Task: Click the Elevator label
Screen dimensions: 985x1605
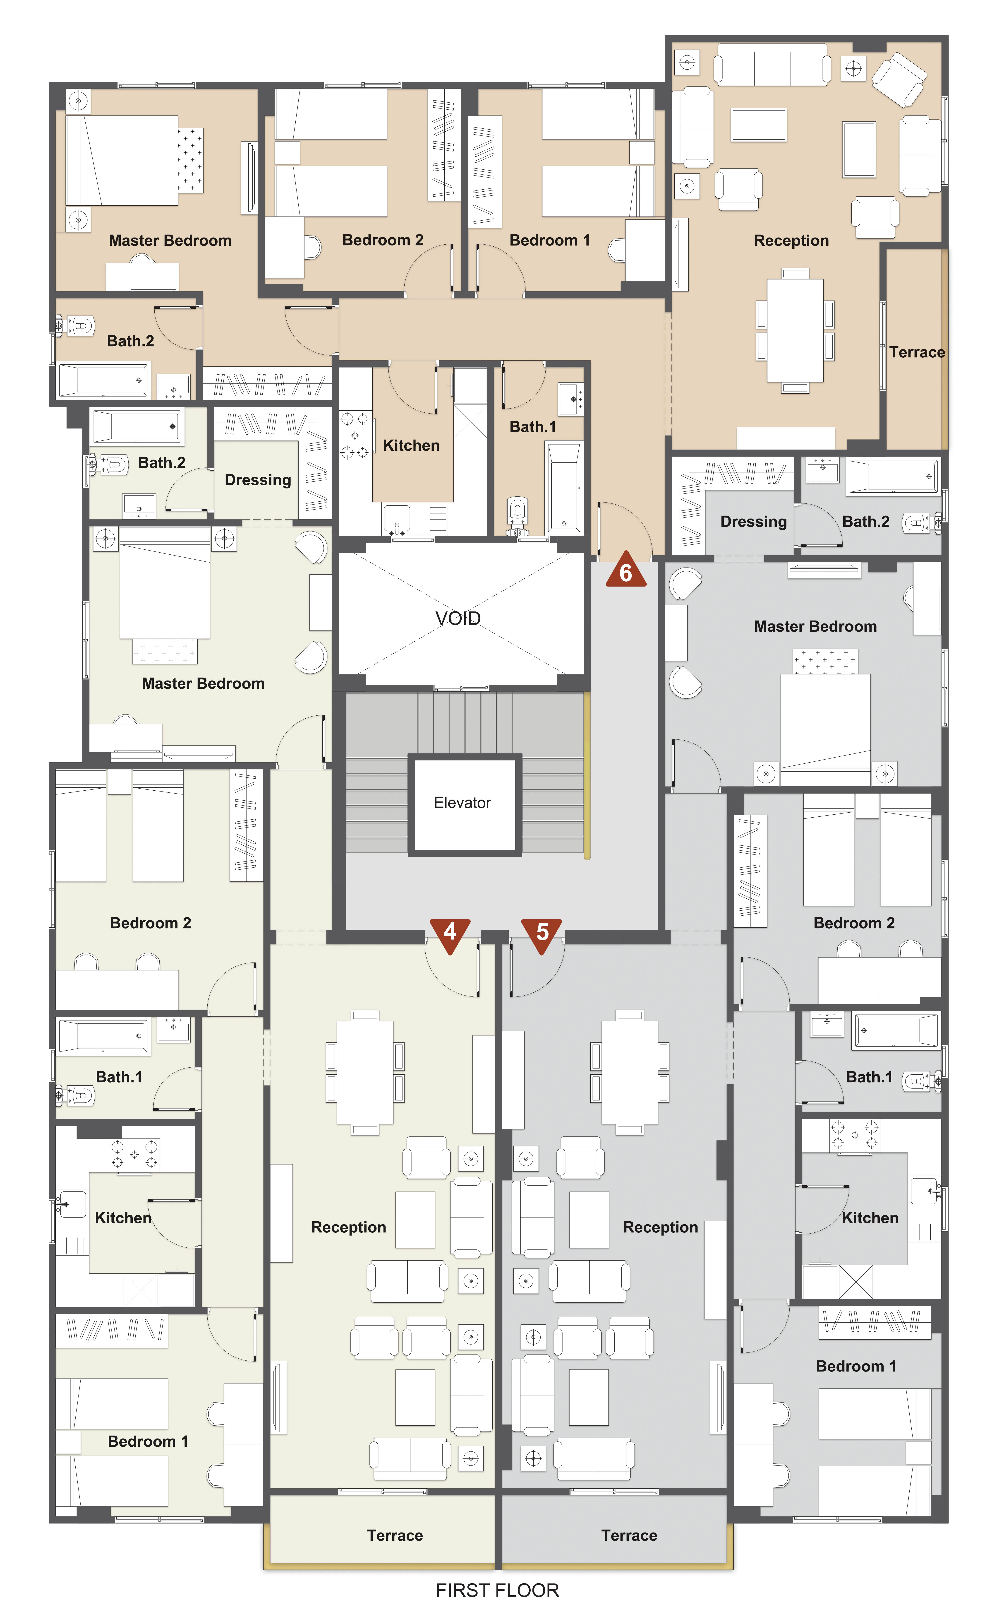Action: [463, 803]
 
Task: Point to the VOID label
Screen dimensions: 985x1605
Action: [458, 618]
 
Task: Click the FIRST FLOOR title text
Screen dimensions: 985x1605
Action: [498, 1590]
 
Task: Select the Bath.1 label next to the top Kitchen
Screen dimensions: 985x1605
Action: [533, 427]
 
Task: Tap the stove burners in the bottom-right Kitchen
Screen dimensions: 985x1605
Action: [855, 1135]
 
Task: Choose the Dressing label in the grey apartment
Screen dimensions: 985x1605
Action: [754, 522]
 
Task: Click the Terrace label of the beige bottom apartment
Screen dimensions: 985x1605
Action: [395, 1536]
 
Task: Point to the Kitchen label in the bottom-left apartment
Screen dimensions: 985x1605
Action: [123, 1218]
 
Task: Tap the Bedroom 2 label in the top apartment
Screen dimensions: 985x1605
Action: [383, 241]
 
